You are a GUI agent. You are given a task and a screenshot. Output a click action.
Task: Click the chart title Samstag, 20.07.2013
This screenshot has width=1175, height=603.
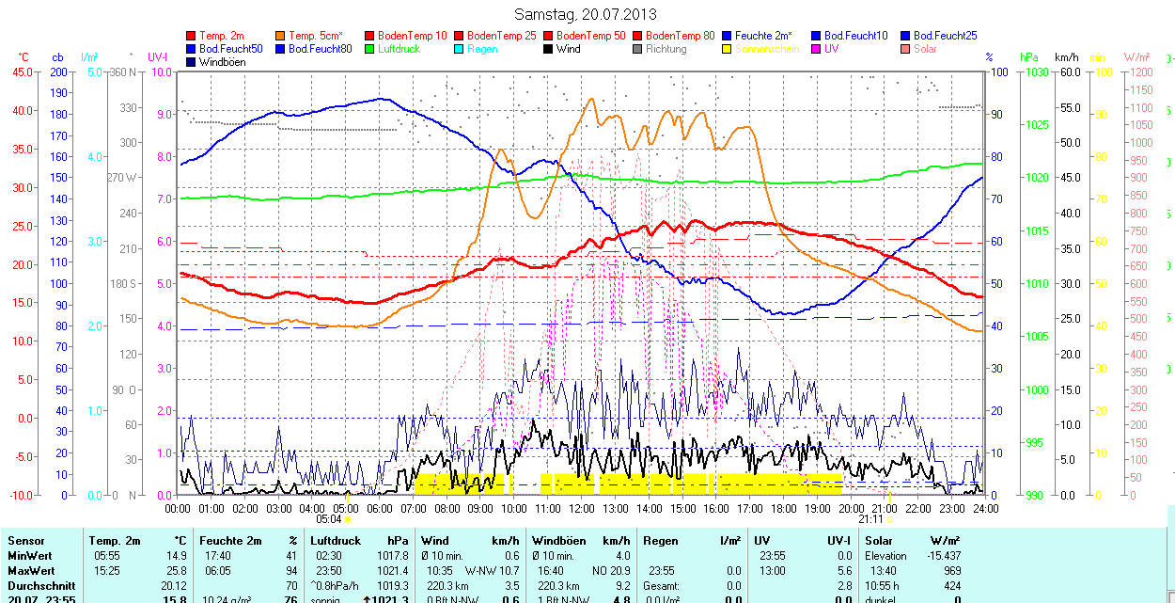(586, 14)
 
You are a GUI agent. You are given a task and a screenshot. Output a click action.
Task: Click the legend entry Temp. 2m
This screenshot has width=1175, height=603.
(222, 36)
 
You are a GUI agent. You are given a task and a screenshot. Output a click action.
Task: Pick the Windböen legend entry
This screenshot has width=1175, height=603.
(222, 62)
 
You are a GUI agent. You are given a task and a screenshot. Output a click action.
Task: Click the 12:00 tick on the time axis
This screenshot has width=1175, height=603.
(582, 508)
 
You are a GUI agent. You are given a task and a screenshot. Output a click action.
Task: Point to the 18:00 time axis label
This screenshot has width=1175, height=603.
(784, 508)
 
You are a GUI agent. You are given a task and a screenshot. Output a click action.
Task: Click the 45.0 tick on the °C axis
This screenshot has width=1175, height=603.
(20, 71)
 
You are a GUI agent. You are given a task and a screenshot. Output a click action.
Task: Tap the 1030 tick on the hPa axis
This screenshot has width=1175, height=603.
(1037, 71)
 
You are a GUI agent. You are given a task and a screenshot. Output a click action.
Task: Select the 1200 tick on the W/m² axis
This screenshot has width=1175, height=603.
(1138, 71)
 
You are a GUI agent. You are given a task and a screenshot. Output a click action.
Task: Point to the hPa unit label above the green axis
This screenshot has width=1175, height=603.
(1029, 57)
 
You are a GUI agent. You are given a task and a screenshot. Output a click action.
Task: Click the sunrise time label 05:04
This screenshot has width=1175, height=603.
(328, 518)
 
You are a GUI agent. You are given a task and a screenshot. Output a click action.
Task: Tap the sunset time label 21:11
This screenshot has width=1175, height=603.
(870, 518)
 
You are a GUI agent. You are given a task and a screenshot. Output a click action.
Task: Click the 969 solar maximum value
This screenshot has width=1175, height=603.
(951, 570)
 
